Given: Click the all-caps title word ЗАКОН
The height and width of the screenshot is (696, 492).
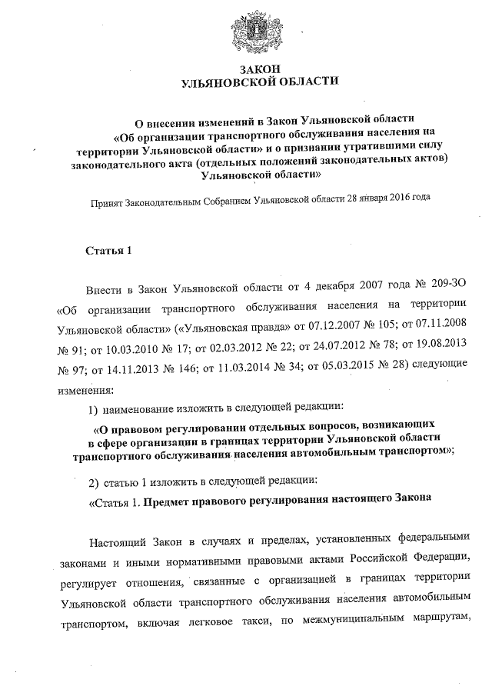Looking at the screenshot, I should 258,69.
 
